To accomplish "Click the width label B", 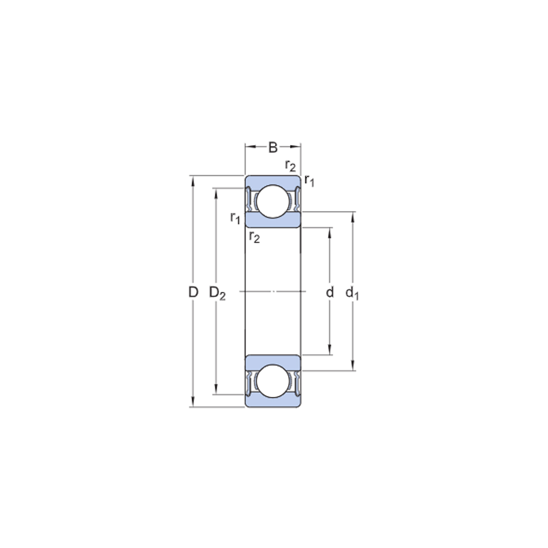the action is coord(273,148).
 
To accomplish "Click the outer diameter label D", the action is coord(193,292).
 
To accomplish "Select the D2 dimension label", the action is coord(217,293).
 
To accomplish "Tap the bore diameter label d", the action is coord(330,292).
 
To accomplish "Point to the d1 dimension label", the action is coord(352,293).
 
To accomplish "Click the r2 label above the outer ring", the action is coord(290,165).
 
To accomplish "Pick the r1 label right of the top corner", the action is coord(310,180).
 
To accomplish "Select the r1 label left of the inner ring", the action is coord(235,218).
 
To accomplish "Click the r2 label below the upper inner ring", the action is coord(254,237).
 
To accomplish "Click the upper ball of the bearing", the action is coord(273,201).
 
